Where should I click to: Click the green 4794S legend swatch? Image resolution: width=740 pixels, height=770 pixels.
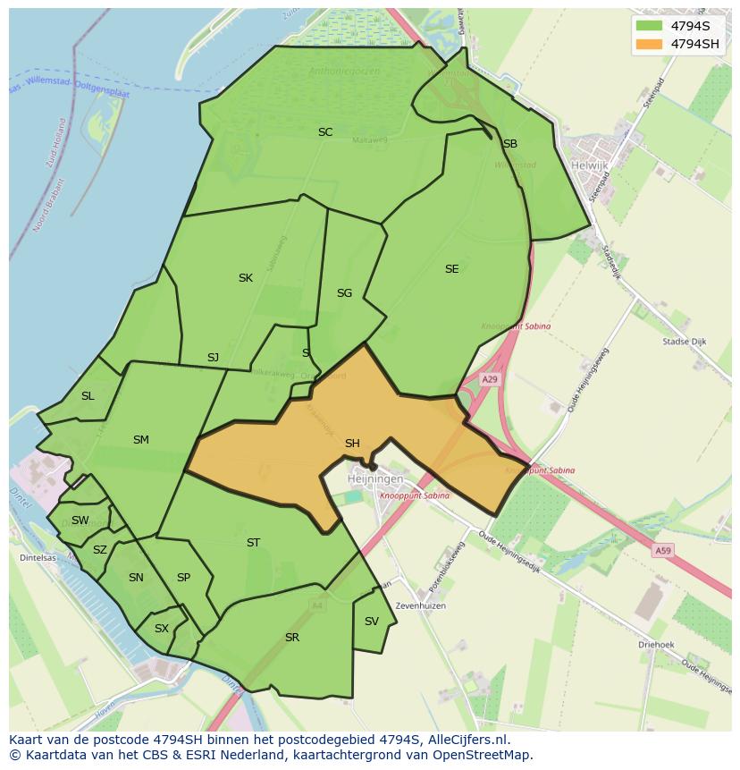649,26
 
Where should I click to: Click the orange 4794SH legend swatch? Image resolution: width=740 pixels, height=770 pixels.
649,44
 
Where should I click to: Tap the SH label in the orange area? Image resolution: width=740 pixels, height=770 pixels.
352,444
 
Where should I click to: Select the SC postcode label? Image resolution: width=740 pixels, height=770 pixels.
325,132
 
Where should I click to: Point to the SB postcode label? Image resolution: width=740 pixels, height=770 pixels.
509,144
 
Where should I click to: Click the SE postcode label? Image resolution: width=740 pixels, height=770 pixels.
451,269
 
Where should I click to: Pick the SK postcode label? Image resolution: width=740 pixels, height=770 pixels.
245,278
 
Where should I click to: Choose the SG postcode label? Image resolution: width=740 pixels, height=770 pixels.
344,293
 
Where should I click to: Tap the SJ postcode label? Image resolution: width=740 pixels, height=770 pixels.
213,358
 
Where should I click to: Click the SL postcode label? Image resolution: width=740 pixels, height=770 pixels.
88,396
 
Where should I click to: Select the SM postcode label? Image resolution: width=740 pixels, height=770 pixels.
140,440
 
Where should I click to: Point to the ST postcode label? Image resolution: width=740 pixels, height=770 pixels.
253,543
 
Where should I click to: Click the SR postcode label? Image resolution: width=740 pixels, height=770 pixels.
291,638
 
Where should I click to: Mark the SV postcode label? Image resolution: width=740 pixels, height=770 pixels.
371,622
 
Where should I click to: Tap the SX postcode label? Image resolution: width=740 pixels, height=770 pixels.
161,629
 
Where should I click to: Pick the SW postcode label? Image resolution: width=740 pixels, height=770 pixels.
80,520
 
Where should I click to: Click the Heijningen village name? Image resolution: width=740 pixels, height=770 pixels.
375,479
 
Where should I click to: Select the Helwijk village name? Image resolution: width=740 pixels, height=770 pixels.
589,165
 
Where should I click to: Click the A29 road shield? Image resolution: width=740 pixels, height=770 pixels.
490,379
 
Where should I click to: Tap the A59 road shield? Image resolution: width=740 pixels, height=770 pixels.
662,551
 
